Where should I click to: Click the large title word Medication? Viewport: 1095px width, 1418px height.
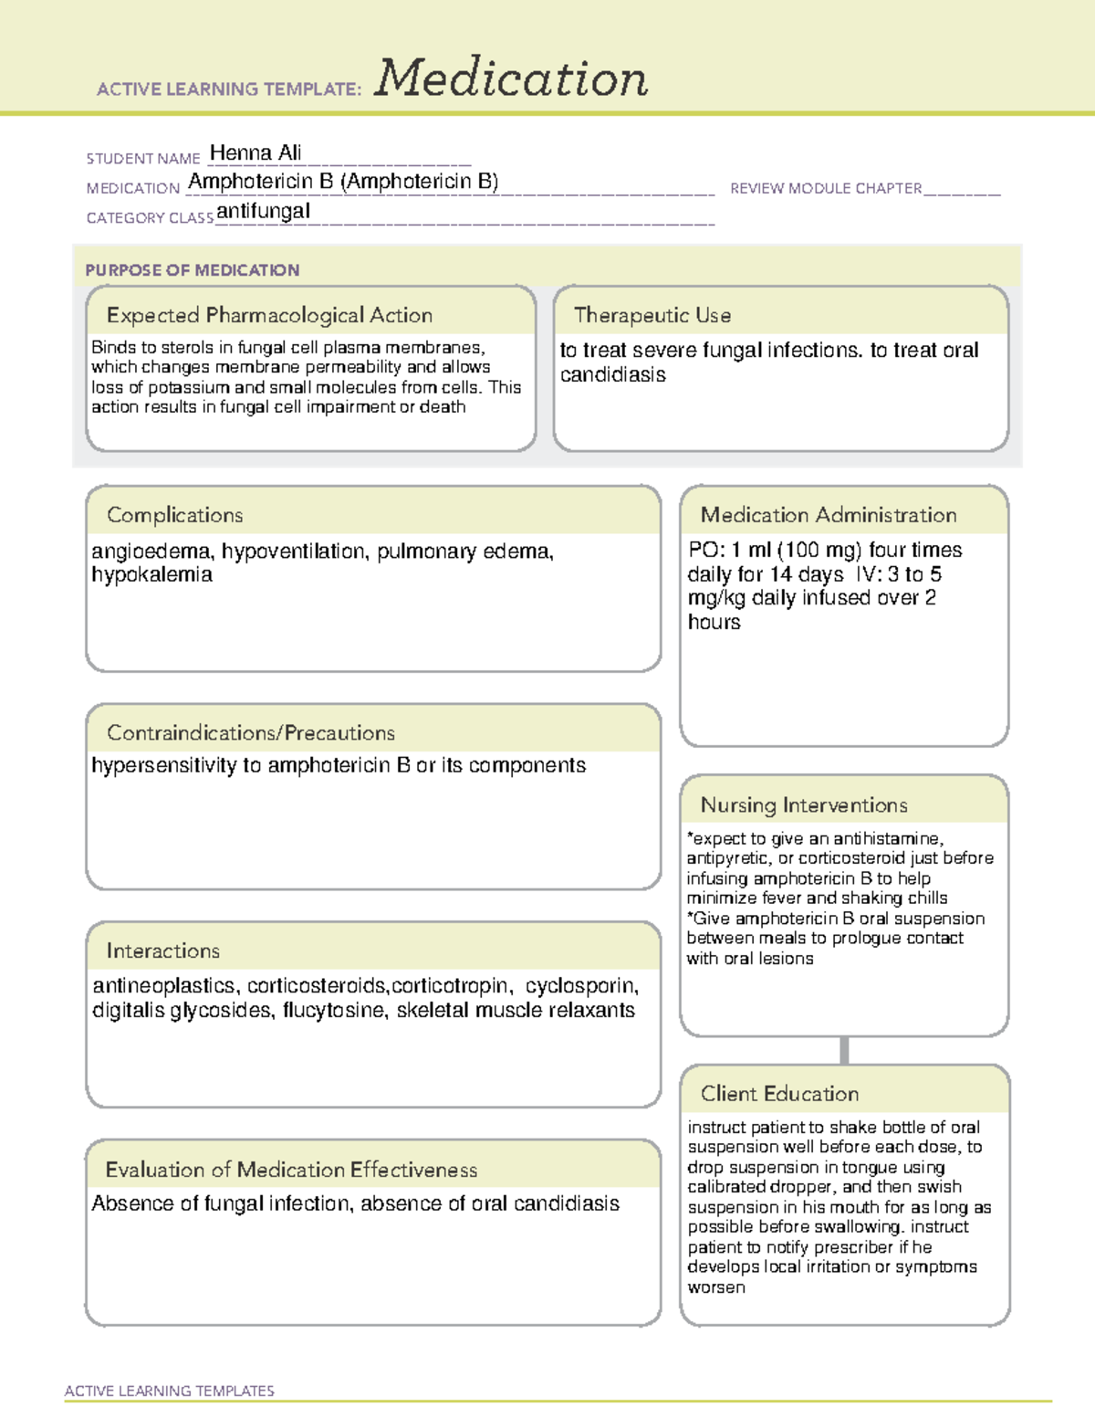[511, 79]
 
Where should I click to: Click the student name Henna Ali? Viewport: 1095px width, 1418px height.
[255, 152]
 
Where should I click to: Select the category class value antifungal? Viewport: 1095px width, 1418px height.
[263, 211]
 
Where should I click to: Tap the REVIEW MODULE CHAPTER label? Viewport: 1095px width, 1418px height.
[826, 188]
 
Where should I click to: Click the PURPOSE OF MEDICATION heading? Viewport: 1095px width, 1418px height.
[192, 270]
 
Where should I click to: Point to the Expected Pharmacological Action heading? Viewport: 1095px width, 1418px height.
[269, 315]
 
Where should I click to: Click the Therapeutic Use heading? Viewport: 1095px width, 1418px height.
[652, 315]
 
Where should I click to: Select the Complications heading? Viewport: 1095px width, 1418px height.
[174, 515]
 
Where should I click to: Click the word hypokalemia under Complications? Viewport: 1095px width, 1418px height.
[151, 574]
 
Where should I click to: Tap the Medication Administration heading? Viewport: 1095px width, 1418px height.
[828, 515]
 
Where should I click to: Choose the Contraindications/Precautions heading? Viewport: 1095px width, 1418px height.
[250, 732]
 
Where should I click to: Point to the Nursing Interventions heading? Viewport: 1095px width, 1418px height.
[803, 804]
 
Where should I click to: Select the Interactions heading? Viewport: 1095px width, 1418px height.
[162, 951]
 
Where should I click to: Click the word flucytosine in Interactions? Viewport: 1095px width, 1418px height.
[333, 1010]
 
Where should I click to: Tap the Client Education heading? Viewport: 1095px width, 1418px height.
[779, 1093]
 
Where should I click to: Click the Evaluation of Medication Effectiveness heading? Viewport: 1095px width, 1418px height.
[291, 1170]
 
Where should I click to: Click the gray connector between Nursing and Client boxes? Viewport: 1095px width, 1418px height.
[844, 1050]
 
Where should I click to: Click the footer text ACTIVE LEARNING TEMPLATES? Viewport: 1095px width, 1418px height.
[169, 1391]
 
